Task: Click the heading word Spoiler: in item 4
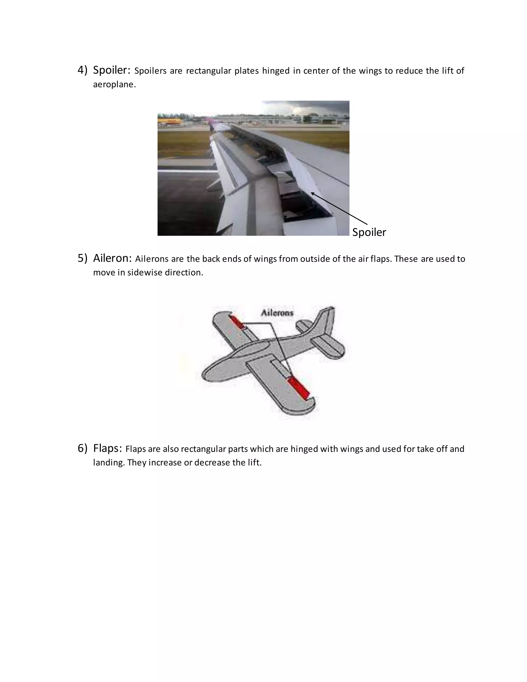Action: click(111, 70)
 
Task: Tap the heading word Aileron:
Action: click(112, 258)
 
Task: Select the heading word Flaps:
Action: click(107, 448)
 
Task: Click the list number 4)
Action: click(82, 70)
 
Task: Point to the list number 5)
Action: click(82, 258)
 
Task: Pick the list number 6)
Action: click(82, 448)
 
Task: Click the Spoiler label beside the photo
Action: click(369, 232)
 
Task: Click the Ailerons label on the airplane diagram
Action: click(277, 313)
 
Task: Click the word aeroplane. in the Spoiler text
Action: click(115, 84)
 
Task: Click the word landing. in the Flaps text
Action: click(109, 462)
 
